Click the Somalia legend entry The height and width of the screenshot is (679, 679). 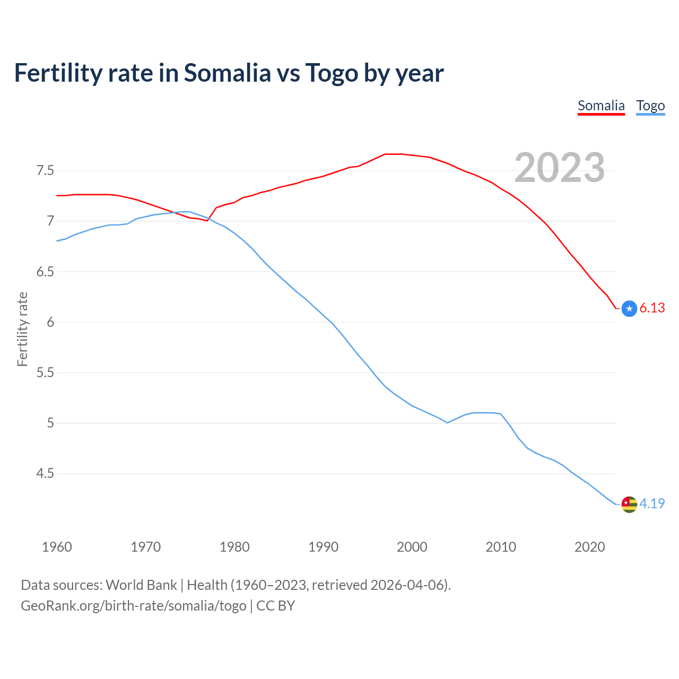[601, 106]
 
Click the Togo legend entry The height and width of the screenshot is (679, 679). [650, 106]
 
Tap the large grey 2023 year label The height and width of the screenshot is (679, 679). [560, 168]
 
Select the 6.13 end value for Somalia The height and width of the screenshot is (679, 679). [652, 308]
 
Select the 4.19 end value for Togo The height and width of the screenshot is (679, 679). [652, 503]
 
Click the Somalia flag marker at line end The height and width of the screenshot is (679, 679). [629, 308]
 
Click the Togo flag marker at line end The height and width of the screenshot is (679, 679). [629, 504]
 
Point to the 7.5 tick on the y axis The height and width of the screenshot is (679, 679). [45, 171]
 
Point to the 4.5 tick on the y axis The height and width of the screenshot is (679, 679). [45, 473]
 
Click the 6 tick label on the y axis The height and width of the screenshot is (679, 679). [51, 322]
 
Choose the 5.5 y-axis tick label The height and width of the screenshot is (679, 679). [45, 372]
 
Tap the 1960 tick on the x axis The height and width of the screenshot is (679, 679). [57, 547]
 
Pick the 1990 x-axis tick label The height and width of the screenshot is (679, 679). [323, 547]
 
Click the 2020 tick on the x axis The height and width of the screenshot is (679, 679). [589, 547]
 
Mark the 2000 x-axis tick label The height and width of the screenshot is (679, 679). [412, 547]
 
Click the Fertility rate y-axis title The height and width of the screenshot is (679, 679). [22, 329]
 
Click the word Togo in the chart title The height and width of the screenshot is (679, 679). [332, 73]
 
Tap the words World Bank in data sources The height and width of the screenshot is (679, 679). [141, 585]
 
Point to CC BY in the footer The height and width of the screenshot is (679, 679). [275, 606]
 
